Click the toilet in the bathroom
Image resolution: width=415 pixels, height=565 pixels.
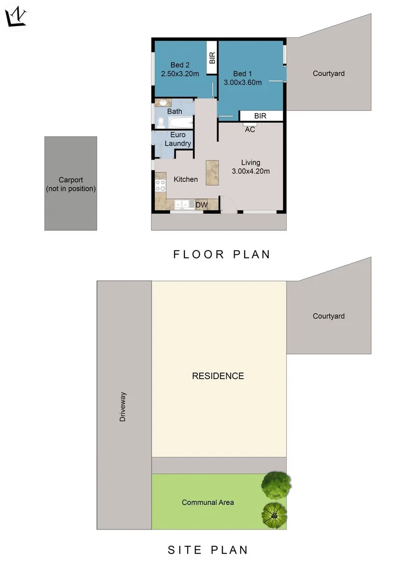[x=161, y=123]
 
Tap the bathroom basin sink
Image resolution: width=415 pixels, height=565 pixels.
[x=163, y=103]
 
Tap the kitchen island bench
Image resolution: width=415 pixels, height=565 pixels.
[x=212, y=172]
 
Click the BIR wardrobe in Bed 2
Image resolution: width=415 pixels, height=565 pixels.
[x=212, y=58]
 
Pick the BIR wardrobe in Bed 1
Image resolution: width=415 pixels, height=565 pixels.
[x=260, y=116]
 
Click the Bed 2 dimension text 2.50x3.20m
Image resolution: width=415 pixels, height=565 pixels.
[x=180, y=74]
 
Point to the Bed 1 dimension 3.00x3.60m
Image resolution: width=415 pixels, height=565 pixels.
[x=243, y=82]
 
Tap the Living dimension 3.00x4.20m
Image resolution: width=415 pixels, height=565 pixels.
[x=250, y=171]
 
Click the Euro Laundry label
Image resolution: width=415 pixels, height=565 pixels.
[x=178, y=139]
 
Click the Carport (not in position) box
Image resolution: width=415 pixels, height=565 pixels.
[x=71, y=183]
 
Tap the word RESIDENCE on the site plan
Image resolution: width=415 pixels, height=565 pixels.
[x=217, y=376]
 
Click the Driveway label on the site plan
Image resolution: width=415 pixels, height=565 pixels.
[x=123, y=407]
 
